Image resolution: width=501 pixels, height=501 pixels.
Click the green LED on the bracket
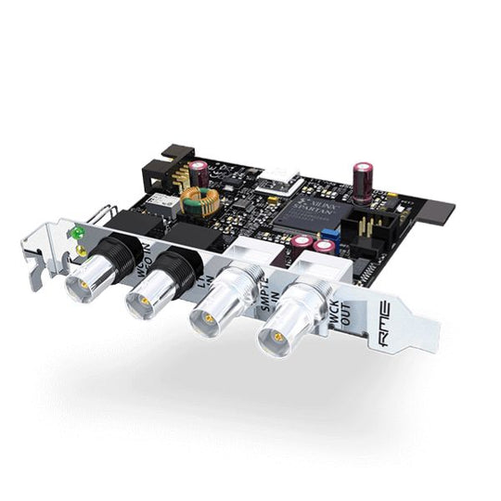[80, 233]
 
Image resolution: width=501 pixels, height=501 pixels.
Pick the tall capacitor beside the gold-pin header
[364, 178]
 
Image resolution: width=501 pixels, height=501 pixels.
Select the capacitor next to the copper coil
[199, 173]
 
